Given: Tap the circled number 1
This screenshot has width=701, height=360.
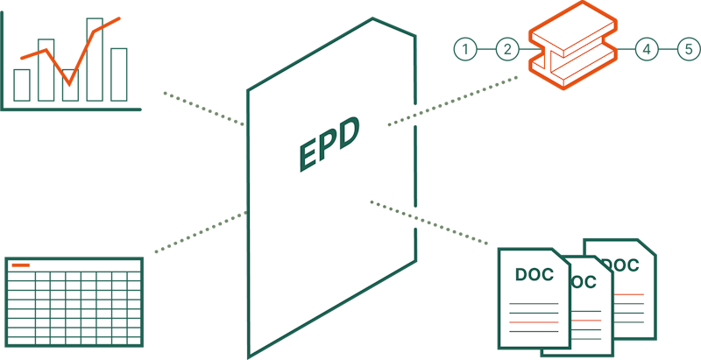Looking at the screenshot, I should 465,50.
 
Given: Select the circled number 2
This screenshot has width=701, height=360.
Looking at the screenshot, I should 507,50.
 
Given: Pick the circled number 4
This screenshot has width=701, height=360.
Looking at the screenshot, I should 647,50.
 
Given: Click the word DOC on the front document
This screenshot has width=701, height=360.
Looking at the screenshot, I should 534,274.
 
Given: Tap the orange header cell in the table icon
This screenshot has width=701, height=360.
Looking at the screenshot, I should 20,265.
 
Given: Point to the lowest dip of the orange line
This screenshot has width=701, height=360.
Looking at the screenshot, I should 69,84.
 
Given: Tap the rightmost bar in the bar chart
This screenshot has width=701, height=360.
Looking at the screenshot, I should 118,74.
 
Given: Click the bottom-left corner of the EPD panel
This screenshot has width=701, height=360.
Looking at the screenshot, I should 250,354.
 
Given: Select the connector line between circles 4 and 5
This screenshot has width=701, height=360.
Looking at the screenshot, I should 668,50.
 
